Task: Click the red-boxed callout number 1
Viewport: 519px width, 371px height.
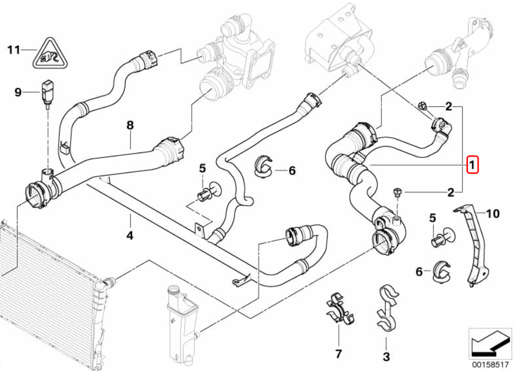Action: point(472,165)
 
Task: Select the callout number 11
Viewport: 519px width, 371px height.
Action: point(14,50)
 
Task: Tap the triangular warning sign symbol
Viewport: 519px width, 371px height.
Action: point(50,54)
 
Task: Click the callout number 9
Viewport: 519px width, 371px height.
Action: point(18,92)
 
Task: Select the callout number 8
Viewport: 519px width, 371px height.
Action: point(130,125)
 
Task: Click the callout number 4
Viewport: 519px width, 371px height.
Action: point(130,235)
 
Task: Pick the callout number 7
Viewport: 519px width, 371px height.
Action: point(338,354)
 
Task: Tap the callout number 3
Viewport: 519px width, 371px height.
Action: point(386,357)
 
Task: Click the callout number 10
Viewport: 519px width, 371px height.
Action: point(493,213)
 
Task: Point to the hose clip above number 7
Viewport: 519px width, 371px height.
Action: point(339,308)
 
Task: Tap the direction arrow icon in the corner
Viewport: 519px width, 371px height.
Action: point(490,344)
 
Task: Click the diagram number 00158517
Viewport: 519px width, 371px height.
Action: point(491,364)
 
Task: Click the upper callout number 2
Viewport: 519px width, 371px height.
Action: point(448,107)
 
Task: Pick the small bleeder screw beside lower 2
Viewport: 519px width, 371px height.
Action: point(397,193)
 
